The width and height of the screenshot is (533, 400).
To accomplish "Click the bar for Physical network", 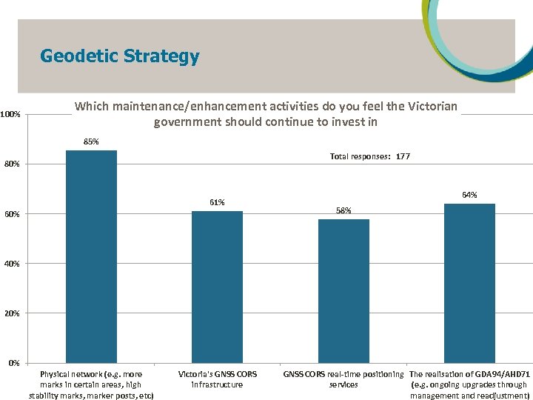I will [91, 256].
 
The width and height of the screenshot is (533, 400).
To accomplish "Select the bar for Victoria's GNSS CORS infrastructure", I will [217, 287].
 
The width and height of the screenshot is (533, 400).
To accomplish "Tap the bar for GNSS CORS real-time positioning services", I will [343, 290].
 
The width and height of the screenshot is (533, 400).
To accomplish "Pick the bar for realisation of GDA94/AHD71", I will [469, 283].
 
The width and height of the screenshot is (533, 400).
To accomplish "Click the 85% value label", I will [91, 141].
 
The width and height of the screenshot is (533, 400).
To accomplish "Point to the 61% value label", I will [217, 202].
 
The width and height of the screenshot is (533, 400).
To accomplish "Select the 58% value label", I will [343, 210].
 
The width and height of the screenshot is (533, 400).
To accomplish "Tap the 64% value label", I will [469, 195].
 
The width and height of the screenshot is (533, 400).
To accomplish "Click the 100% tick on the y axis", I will [10, 114].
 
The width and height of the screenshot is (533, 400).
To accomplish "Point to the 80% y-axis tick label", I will [12, 164].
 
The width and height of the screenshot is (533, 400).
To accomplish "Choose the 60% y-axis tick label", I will [12, 214].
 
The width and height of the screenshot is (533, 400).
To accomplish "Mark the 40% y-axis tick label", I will [12, 264].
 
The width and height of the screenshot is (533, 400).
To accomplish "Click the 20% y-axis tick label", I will [12, 313].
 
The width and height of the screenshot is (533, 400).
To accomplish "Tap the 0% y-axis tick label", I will [14, 363].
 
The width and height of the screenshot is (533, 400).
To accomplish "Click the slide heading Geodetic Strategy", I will [120, 56].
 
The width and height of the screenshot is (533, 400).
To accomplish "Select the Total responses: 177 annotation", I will [369, 156].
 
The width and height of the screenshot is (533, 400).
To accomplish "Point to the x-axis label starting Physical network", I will [91, 384].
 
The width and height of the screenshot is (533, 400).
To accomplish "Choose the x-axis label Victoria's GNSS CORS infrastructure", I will [217, 379].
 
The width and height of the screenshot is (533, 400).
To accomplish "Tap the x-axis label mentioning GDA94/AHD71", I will [469, 384].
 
